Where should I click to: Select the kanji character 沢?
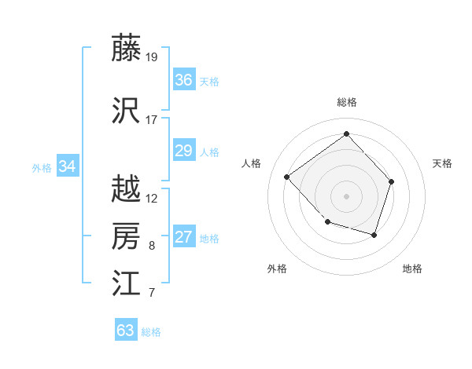[x=127, y=111]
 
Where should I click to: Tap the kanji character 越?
[x=127, y=189]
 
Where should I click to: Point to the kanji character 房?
[x=127, y=236]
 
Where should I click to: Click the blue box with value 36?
[x=183, y=80]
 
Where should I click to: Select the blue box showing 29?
[x=183, y=151]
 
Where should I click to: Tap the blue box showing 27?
[x=183, y=237]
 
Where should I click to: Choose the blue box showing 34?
[x=67, y=166]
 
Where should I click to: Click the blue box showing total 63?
[x=126, y=331]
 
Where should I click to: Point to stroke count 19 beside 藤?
[x=153, y=57]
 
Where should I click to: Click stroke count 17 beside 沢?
[x=152, y=120]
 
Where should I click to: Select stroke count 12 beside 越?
[x=152, y=198]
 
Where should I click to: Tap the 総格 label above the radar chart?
[x=346, y=102]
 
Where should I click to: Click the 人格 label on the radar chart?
[x=252, y=163]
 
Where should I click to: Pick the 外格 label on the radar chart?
[x=277, y=269]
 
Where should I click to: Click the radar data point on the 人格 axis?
[x=287, y=177]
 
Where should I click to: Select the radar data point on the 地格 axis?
[x=374, y=235]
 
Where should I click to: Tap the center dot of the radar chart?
[x=346, y=195]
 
